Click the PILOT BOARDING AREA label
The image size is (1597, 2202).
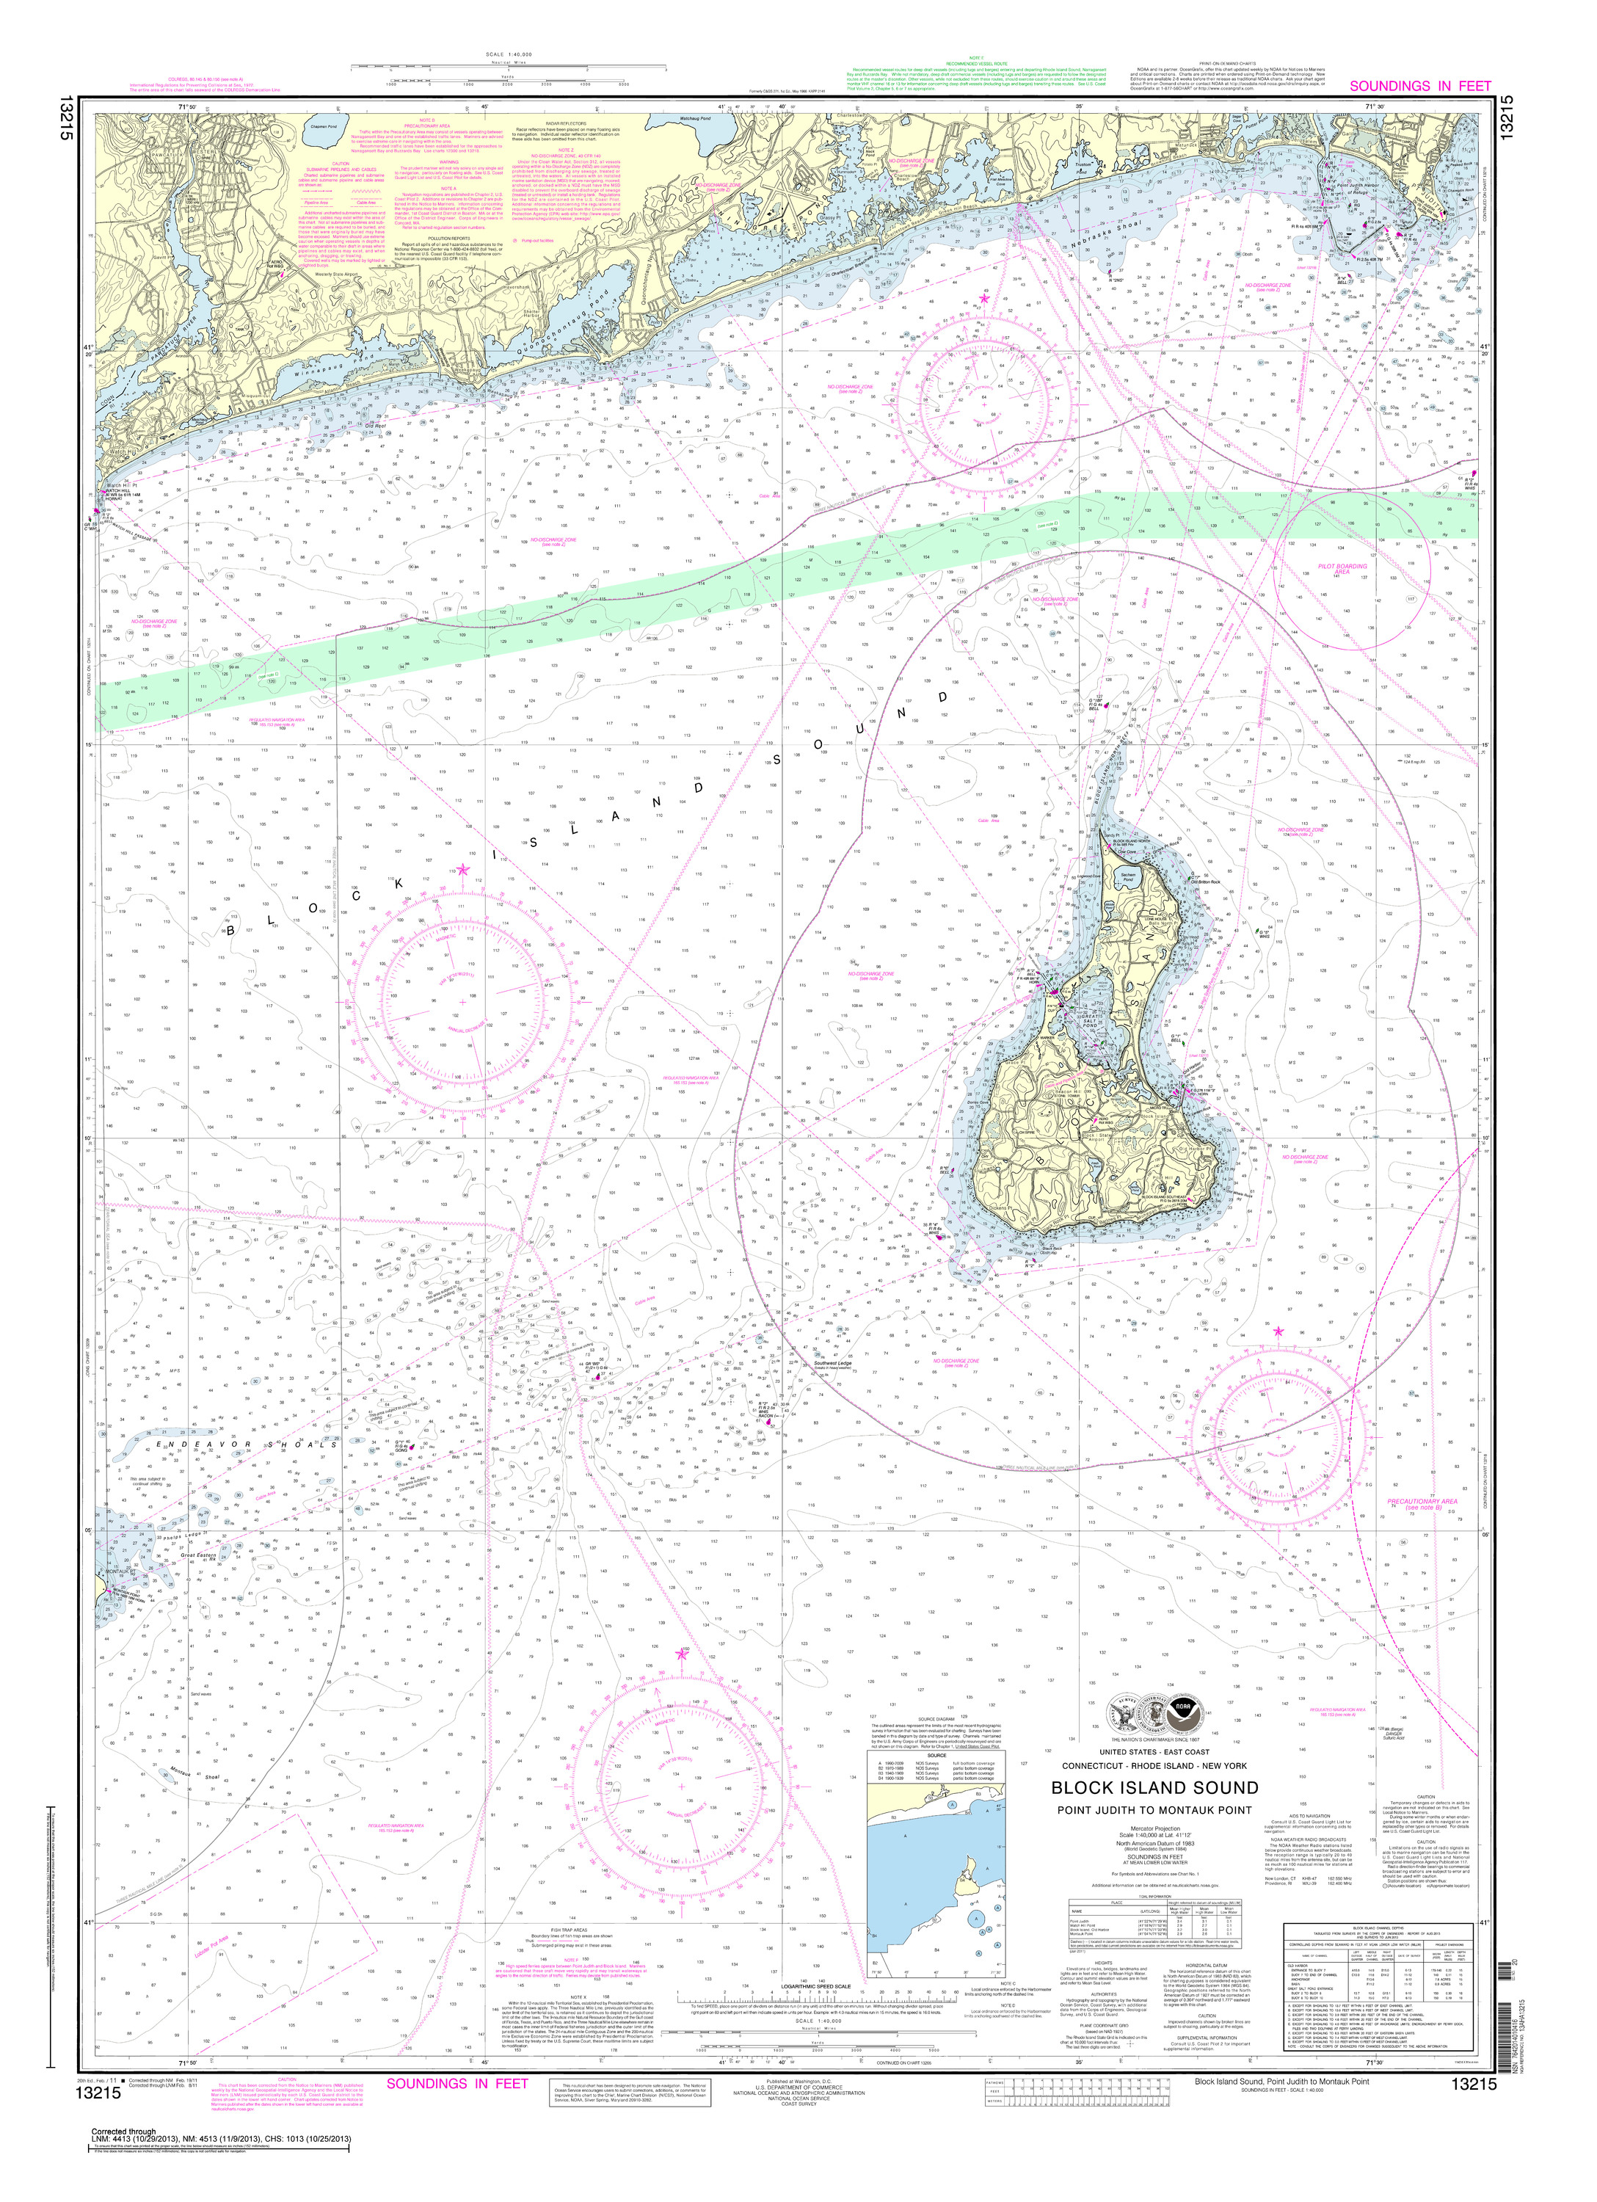(1342, 569)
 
